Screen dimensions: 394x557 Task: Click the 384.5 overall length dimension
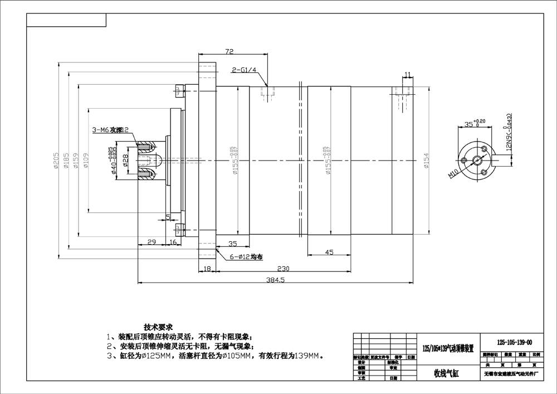276,281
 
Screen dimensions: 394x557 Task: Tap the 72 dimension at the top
228,52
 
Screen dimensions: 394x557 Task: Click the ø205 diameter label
57,161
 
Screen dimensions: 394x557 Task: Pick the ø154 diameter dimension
427,161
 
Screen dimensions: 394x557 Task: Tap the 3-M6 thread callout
110,130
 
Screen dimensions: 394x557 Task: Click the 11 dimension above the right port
408,75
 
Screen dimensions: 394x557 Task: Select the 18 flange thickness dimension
207,269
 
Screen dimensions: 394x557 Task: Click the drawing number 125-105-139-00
514,342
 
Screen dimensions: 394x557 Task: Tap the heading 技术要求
159,327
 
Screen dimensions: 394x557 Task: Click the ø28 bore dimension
125,160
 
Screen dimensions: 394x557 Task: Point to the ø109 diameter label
87,161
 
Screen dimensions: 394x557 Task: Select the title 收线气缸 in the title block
446,373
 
